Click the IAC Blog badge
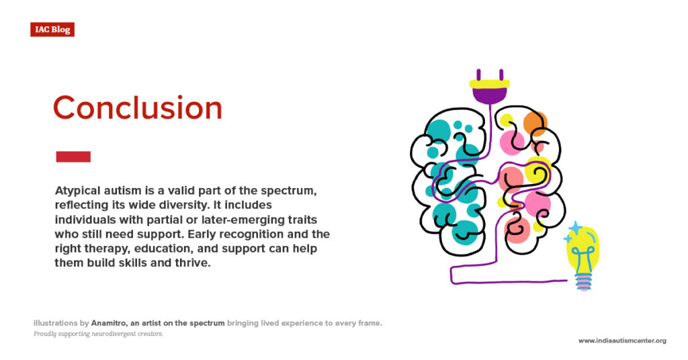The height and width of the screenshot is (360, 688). click(x=52, y=30)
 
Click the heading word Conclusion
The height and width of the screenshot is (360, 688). click(x=137, y=108)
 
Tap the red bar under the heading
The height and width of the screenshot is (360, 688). click(x=73, y=156)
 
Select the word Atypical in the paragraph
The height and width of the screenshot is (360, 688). click(x=78, y=190)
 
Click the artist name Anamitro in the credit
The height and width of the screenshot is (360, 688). click(x=101, y=323)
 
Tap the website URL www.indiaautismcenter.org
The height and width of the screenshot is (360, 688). click(x=622, y=341)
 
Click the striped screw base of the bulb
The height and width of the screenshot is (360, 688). click(x=583, y=281)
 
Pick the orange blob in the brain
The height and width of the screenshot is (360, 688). click(x=535, y=123)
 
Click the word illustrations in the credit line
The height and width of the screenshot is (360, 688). click(x=56, y=323)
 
